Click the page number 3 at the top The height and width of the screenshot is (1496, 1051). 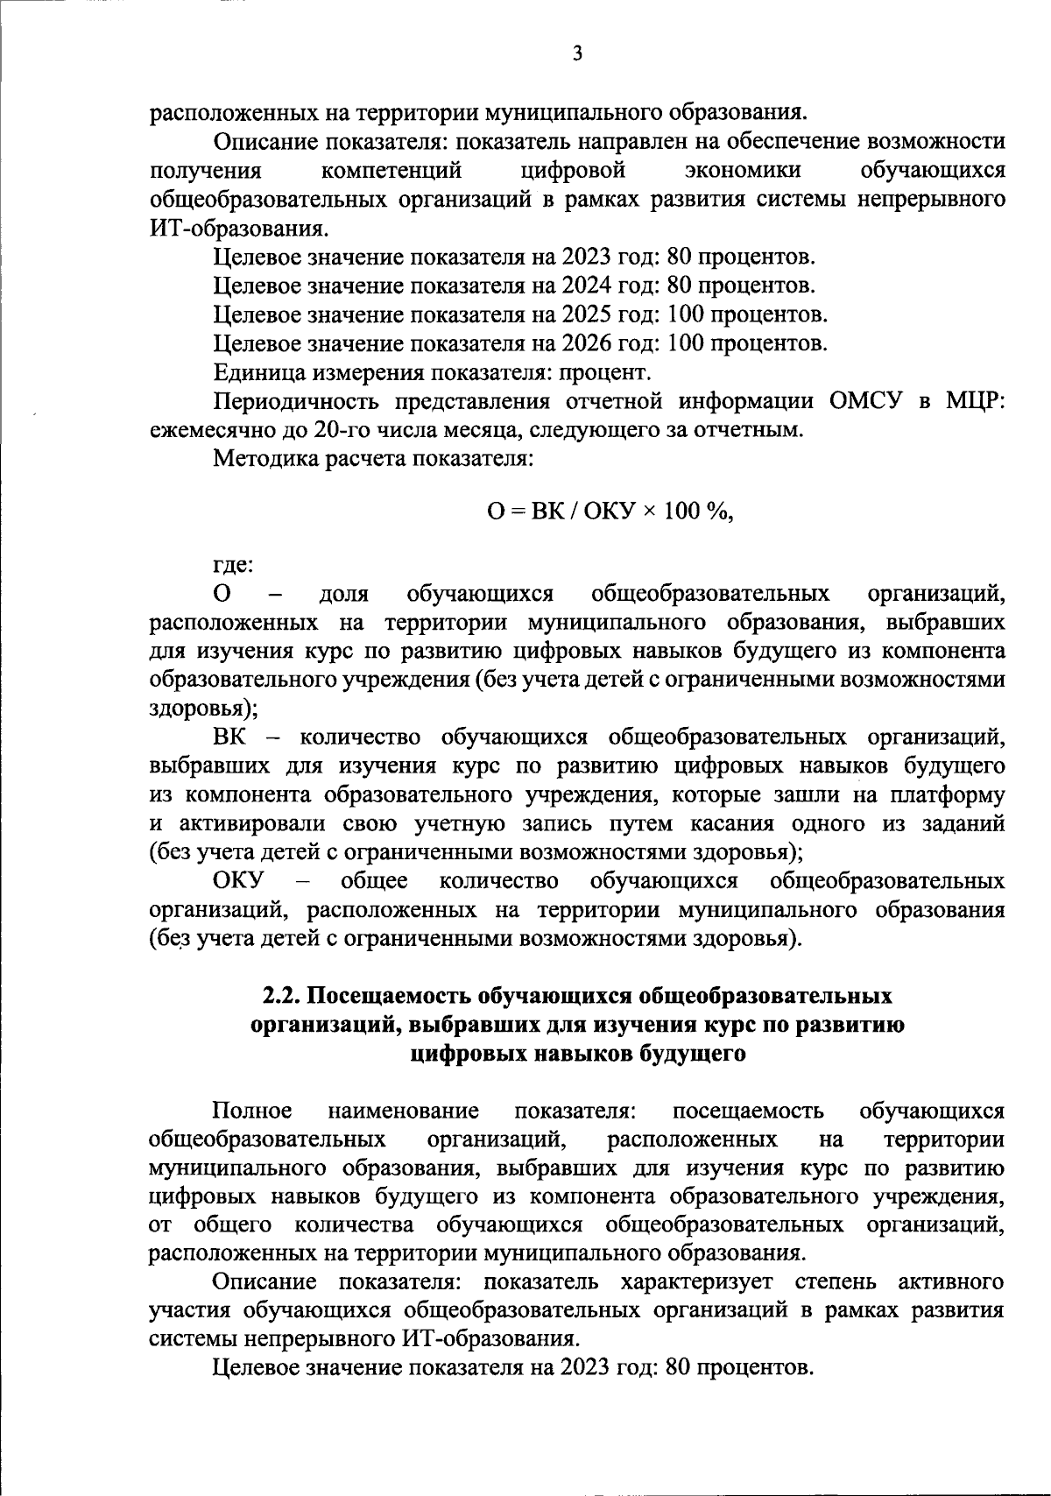coord(576,54)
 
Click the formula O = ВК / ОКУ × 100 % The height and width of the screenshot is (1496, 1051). coord(610,512)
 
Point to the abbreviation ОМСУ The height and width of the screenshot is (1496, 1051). coord(862,401)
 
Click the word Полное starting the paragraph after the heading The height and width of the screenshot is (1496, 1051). coord(252,1111)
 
